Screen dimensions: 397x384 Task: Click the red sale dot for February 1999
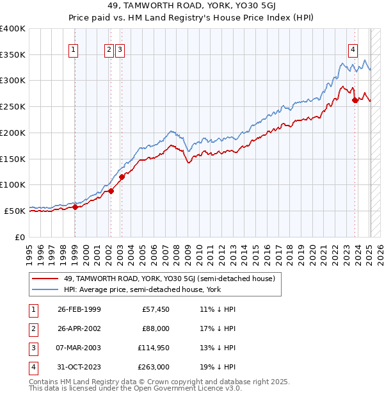[x=75, y=207]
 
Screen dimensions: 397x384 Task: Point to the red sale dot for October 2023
[x=355, y=99]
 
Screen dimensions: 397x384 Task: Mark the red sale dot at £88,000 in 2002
[x=111, y=191]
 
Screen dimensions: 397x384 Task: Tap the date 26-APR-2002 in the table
[x=79, y=328]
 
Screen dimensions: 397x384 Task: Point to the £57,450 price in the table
[x=156, y=309]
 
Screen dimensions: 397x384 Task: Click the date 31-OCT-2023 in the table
[x=79, y=367]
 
